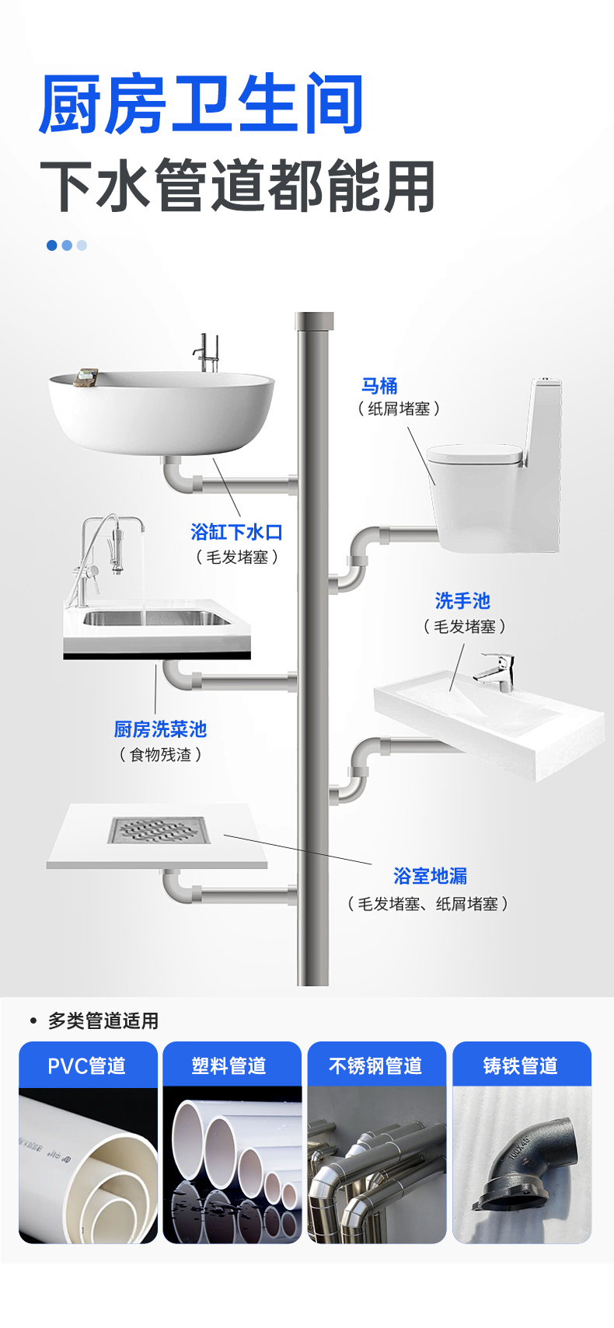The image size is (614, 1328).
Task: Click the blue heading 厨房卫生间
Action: [201, 104]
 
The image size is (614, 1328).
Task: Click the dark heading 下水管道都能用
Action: [237, 186]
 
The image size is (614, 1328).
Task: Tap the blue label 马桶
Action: [379, 386]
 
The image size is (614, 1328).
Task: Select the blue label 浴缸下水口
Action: [236, 532]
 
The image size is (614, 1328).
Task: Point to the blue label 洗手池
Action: [462, 601]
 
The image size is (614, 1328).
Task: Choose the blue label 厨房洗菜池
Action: [160, 729]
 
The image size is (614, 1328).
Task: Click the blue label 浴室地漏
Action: [430, 876]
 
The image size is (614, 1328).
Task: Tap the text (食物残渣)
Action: [160, 755]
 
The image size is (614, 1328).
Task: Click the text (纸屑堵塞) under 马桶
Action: [399, 408]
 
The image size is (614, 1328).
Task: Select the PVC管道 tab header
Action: [88, 1066]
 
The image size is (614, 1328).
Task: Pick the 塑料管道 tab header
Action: [230, 1066]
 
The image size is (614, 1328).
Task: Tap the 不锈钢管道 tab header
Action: [376, 1066]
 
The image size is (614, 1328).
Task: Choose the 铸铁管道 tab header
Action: [521, 1066]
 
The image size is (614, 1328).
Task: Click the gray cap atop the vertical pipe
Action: [314, 320]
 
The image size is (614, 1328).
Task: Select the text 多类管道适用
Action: [103, 1020]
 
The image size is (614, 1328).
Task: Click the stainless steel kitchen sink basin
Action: [155, 619]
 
